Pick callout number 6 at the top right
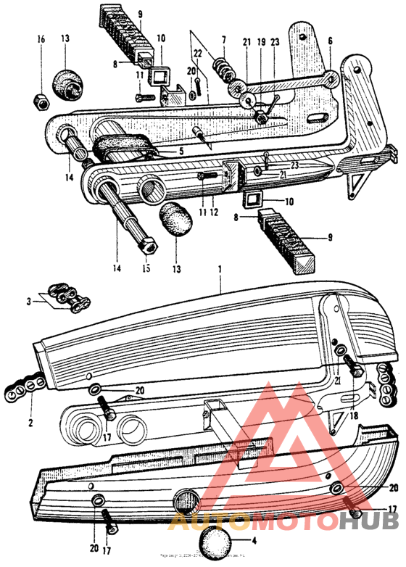coord(331,42)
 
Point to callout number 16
coord(41,37)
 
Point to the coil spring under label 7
coord(224,73)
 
